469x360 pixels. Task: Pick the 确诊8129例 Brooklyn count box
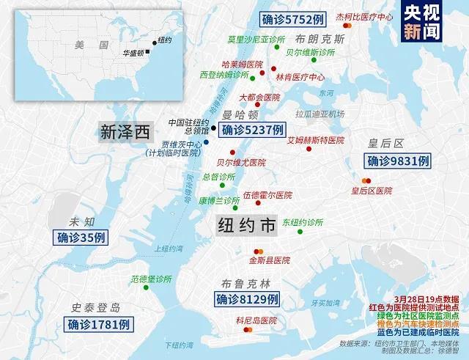[247, 298]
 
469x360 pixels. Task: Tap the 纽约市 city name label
[246, 225]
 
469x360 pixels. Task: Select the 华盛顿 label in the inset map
[133, 53]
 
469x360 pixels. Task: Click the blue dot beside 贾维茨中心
[207, 142]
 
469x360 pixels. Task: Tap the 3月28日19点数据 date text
[426, 299]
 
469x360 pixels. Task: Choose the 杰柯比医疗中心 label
[364, 16]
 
